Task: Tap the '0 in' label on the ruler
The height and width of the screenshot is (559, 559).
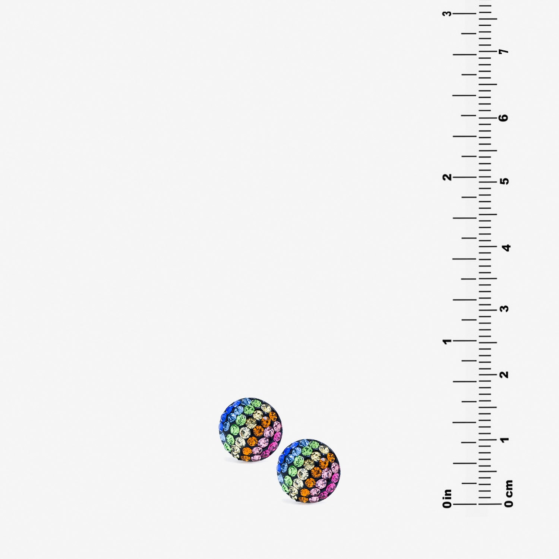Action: (447, 499)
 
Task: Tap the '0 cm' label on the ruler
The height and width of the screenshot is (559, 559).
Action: (509, 493)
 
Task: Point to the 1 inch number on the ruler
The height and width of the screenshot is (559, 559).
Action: (447, 341)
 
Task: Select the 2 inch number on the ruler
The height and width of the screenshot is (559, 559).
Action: (447, 177)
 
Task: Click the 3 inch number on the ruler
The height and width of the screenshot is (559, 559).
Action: (447, 13)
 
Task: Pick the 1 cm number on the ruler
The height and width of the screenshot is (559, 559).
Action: (505, 440)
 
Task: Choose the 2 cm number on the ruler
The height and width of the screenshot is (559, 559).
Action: (505, 374)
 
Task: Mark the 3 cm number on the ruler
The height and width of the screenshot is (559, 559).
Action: (505, 309)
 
